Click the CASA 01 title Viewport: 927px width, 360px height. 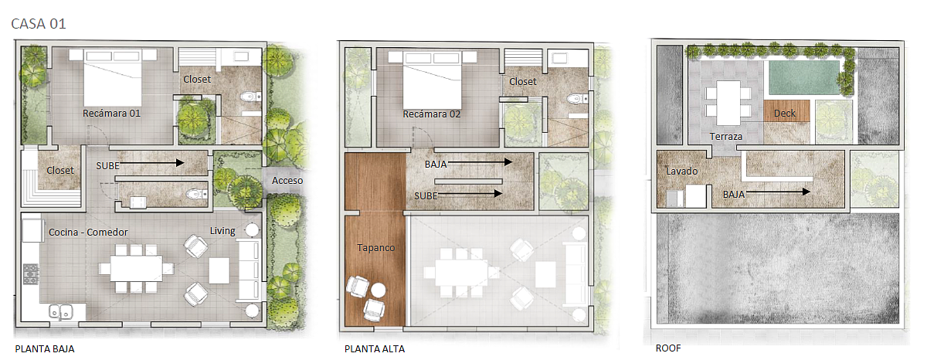pyautogui.click(x=39, y=24)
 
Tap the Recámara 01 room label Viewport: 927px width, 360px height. pyautogui.click(x=111, y=114)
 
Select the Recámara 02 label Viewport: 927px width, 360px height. pyautogui.click(x=432, y=114)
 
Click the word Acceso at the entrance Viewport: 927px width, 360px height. pyautogui.click(x=287, y=181)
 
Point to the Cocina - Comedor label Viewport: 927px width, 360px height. pyautogui.click(x=88, y=232)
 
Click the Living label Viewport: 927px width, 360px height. pyautogui.click(x=222, y=231)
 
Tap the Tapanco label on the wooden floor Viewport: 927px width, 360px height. pyautogui.click(x=375, y=248)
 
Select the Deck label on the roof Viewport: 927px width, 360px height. pyautogui.click(x=785, y=114)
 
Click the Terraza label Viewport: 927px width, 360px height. pyautogui.click(x=726, y=137)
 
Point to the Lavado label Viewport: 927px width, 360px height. pyautogui.click(x=681, y=171)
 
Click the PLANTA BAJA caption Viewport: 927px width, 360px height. pyautogui.click(x=45, y=349)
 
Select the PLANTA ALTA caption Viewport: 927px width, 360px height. pyautogui.click(x=375, y=349)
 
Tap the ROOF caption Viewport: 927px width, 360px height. pyautogui.click(x=668, y=348)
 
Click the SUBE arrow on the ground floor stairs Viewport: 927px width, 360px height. pyautogui.click(x=152, y=163)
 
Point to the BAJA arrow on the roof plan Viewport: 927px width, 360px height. pyautogui.click(x=778, y=192)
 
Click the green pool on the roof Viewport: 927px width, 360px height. pyautogui.click(x=803, y=78)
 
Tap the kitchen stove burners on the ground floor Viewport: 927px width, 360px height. pyautogui.click(x=31, y=274)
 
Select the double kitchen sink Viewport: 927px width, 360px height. pyautogui.click(x=61, y=311)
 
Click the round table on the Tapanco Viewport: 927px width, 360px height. pyautogui.click(x=378, y=290)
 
